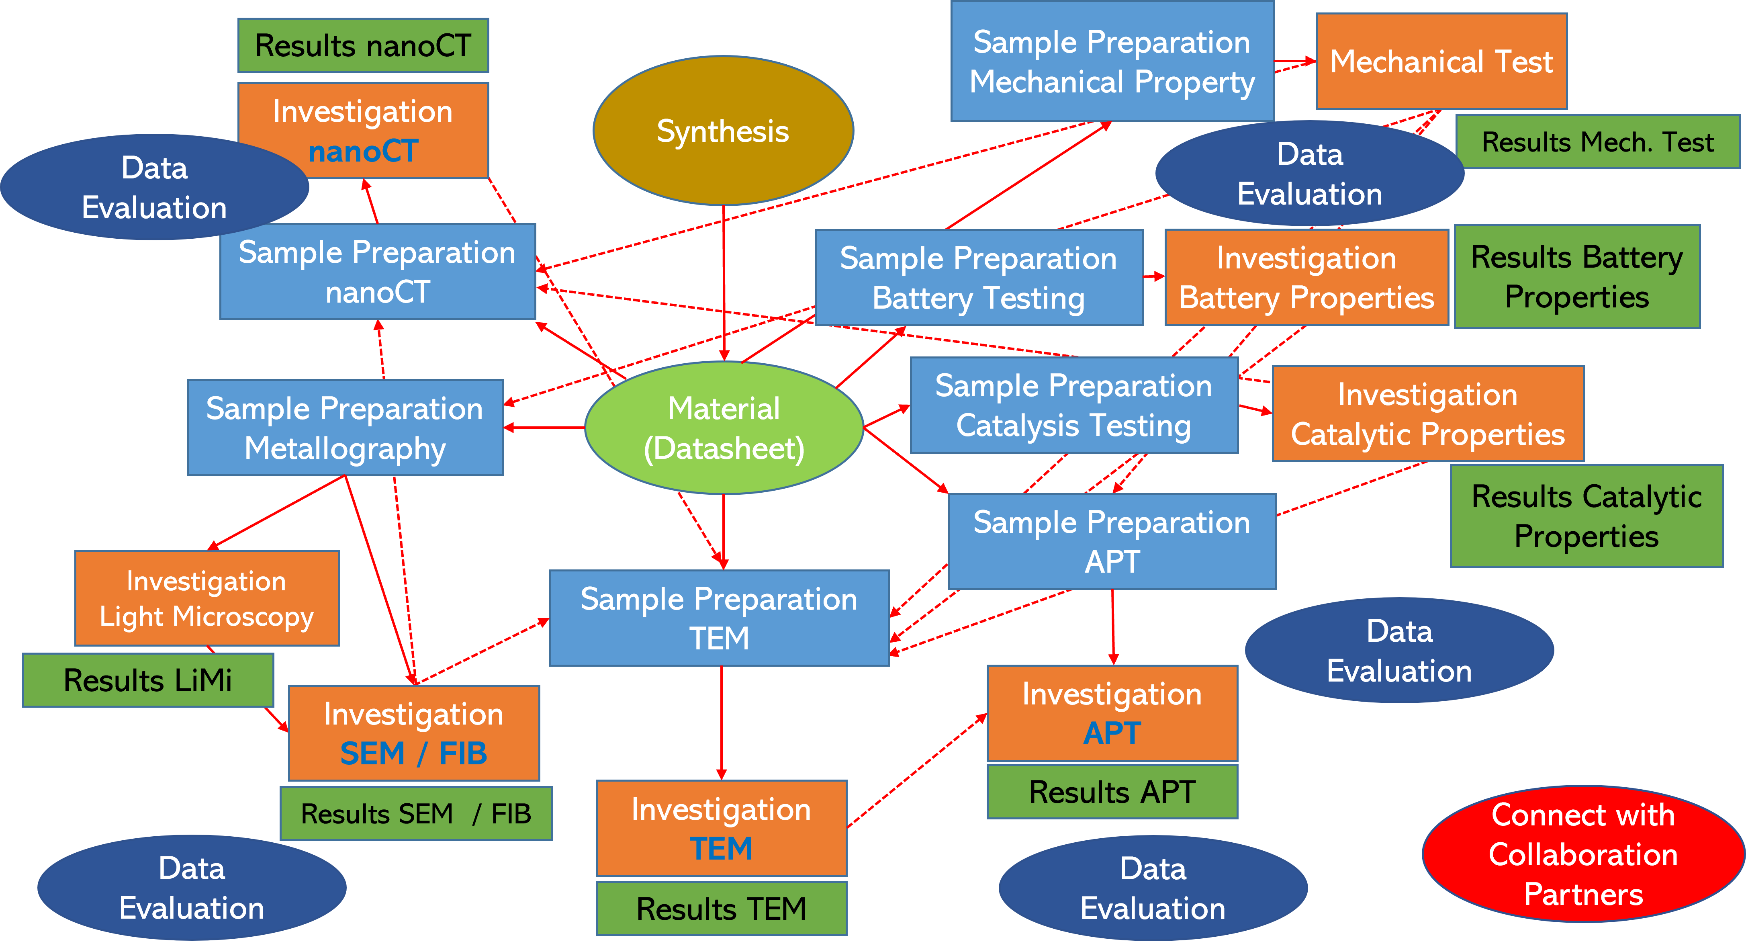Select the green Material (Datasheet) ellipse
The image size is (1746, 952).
(x=723, y=428)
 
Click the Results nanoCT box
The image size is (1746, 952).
(x=363, y=45)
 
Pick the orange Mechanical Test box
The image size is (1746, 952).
(x=1441, y=61)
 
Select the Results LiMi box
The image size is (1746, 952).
(x=148, y=680)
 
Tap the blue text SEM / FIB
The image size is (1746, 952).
(x=413, y=753)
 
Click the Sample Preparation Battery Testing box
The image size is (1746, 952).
(x=978, y=278)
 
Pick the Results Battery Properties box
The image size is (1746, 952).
(x=1576, y=276)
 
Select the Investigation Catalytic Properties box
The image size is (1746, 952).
(x=1427, y=414)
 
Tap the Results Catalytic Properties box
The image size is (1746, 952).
(x=1586, y=516)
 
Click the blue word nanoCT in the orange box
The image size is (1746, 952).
(x=363, y=151)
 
